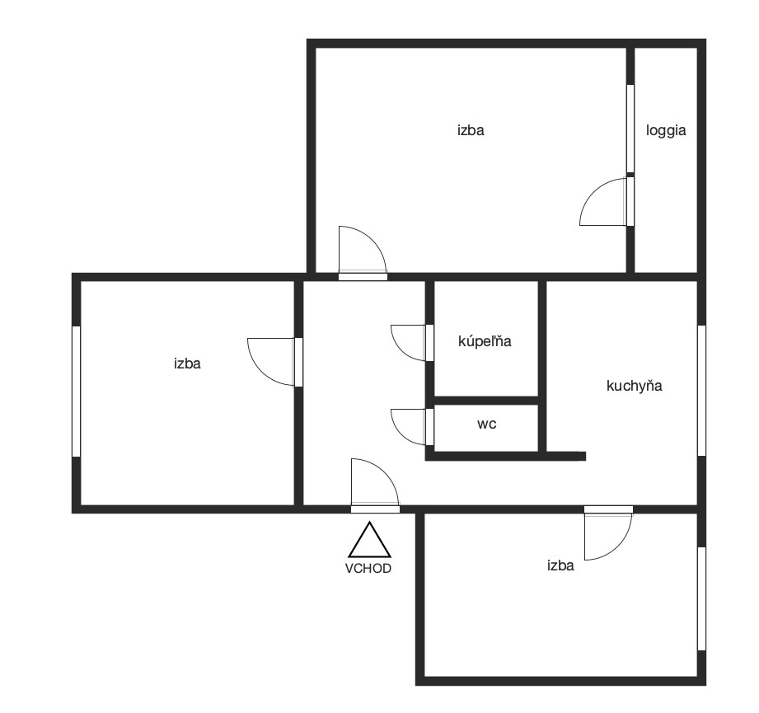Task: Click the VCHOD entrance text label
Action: pyautogui.click(x=368, y=568)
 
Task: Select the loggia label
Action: pyautogui.click(x=666, y=131)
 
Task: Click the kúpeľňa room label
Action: pyautogui.click(x=485, y=340)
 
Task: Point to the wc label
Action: pyautogui.click(x=486, y=425)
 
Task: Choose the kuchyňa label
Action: pyautogui.click(x=634, y=386)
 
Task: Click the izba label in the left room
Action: pyautogui.click(x=187, y=364)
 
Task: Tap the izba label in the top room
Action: pyautogui.click(x=471, y=130)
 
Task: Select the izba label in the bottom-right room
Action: pyautogui.click(x=560, y=565)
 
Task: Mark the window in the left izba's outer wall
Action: pyautogui.click(x=76, y=391)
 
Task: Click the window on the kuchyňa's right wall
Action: pyautogui.click(x=701, y=390)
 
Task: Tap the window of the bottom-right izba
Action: pyautogui.click(x=701, y=598)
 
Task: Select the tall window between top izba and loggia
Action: pyautogui.click(x=630, y=129)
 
